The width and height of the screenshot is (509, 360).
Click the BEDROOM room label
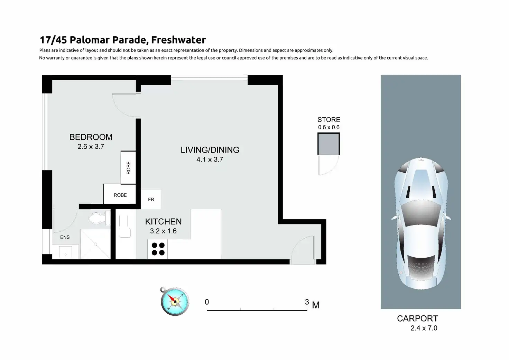tap(91, 137)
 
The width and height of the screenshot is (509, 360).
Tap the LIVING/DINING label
tap(210, 150)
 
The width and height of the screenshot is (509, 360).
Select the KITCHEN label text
tap(163, 221)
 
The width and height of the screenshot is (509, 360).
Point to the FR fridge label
tap(151, 200)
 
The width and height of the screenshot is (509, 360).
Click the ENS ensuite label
tap(65, 237)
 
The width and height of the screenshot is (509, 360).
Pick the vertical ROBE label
tap(129, 168)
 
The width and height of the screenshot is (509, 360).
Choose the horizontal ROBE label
tap(120, 195)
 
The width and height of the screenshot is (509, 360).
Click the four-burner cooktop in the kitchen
tap(158, 249)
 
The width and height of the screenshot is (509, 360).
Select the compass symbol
tap(175, 301)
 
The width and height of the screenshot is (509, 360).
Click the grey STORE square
tap(328, 144)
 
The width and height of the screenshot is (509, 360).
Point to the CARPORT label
tap(417, 319)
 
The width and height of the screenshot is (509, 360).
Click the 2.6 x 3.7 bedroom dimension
tap(91, 147)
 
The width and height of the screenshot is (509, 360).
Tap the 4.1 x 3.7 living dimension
tap(210, 159)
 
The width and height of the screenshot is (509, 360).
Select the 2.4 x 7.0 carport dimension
tap(424, 328)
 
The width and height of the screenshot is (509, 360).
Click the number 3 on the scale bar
tap(307, 302)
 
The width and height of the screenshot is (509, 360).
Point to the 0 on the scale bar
tap(207, 302)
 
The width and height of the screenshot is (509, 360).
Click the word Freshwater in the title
tap(178, 40)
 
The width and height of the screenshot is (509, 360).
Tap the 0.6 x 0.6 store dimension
tap(328, 127)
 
